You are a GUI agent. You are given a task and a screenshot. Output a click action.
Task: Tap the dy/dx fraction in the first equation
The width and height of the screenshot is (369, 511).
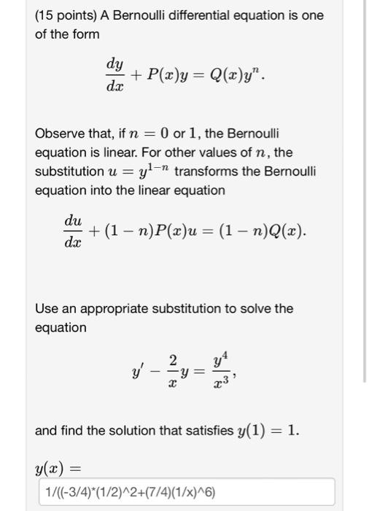[114, 75]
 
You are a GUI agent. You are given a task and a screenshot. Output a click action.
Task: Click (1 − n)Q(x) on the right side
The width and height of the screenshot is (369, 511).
[267, 232]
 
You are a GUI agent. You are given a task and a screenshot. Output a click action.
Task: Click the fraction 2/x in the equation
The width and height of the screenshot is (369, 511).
[172, 371]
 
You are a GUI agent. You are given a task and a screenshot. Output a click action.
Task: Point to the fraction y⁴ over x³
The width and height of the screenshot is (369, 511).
[220, 371]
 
